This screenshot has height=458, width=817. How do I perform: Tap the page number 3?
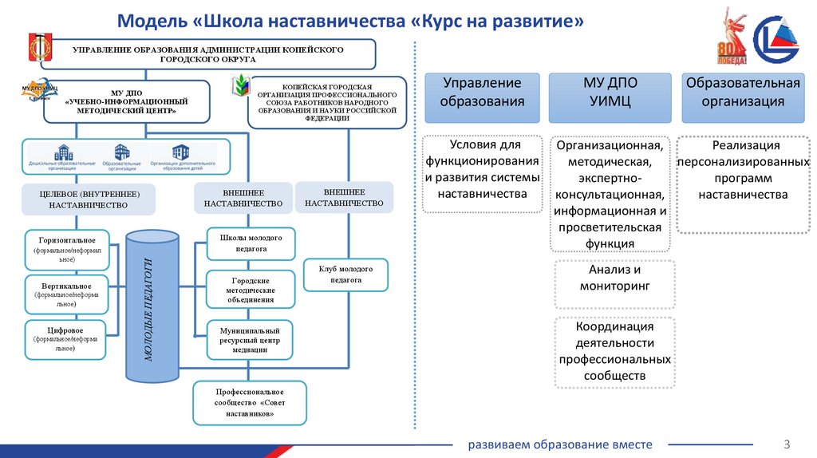[x=786, y=444]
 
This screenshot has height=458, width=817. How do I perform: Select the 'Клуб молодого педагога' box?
[x=345, y=274]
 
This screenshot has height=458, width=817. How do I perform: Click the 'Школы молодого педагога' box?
[x=251, y=243]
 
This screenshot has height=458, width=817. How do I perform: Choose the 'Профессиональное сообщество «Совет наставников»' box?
[x=249, y=403]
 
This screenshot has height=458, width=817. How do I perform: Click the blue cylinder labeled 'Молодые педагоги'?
[x=152, y=306]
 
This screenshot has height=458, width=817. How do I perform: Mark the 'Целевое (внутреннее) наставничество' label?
[x=88, y=199]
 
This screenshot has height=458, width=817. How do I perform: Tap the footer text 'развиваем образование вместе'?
[x=560, y=444]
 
